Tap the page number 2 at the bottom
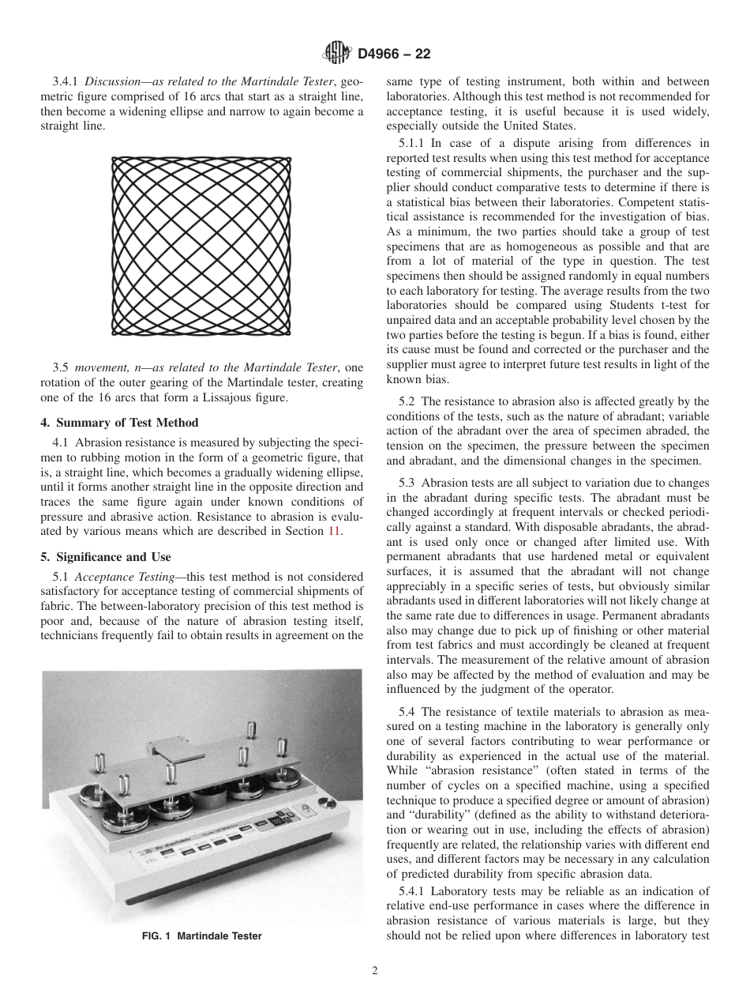[x=375, y=971]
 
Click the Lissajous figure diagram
[x=201, y=245]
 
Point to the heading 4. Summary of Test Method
[x=119, y=422]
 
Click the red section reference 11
[x=334, y=531]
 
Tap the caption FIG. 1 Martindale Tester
[x=202, y=936]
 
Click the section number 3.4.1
[x=66, y=81]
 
